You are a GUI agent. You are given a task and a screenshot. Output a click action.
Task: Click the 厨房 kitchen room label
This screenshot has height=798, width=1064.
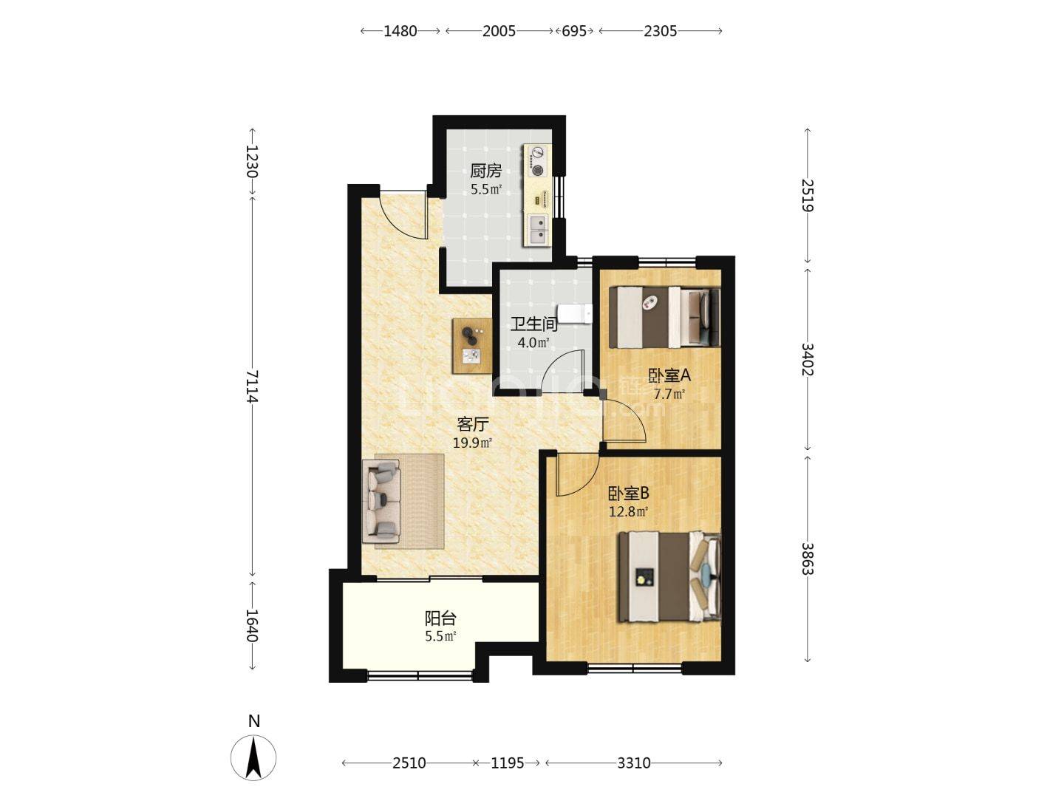coord(485,171)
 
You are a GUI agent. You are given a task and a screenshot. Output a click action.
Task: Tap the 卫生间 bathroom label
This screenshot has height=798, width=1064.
coord(533,324)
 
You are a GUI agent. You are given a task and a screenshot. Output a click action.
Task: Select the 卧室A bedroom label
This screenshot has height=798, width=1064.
coord(669,375)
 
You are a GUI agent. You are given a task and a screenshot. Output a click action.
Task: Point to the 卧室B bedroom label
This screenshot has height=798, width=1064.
coord(629,494)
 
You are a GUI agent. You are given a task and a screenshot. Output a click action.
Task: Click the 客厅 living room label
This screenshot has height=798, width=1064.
coord(473,425)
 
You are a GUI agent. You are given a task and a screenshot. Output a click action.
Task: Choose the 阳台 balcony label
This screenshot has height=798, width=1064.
coord(440,618)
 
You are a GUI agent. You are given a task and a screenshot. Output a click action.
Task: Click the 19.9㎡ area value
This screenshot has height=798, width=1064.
coord(473,443)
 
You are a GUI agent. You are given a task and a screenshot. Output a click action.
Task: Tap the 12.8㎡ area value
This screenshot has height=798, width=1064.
coord(629,511)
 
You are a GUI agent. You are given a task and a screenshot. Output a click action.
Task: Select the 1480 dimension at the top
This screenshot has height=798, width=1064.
coord(400,31)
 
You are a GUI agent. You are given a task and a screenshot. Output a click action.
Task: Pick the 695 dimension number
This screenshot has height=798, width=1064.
coord(574,31)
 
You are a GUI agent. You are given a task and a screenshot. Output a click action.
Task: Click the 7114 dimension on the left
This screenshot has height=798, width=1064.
coord(252,386)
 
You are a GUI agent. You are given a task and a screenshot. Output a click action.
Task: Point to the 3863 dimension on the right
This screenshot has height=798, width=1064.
coord(807,559)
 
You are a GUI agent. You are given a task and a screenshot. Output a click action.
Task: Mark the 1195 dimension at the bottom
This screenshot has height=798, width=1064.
coord(508,763)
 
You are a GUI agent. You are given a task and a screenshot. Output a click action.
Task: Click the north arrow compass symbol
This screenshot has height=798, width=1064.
coord(253,757)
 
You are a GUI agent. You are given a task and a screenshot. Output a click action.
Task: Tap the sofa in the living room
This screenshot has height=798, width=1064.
coord(381,502)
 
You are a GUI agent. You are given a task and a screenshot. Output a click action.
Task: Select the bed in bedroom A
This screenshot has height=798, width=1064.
coord(664,318)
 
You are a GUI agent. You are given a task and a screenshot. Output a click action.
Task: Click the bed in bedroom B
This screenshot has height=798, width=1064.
coord(669,576)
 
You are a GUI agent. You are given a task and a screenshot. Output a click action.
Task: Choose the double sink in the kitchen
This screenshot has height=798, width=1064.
coord(537,229)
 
